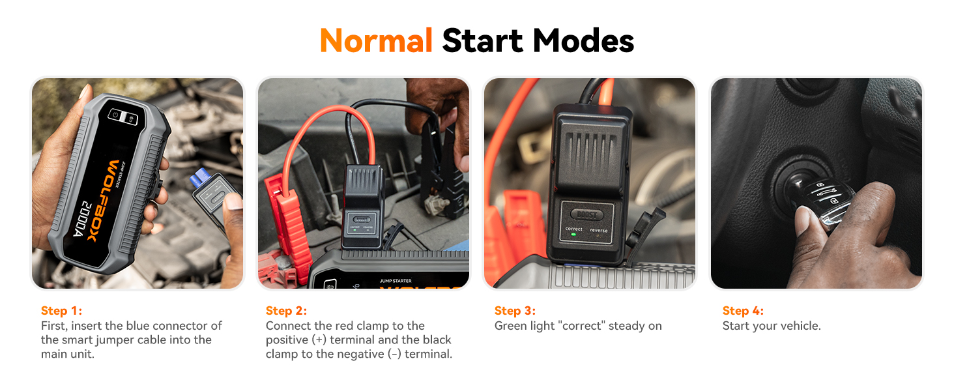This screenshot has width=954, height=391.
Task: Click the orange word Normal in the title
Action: point(376,41)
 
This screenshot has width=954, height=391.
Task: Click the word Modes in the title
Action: point(583,41)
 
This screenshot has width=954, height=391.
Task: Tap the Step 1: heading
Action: point(61,311)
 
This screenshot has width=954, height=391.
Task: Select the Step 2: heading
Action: point(286,311)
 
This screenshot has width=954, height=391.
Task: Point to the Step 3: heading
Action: point(515,311)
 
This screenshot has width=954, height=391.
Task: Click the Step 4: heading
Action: point(743,311)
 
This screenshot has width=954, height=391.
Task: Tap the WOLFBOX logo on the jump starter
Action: point(103,201)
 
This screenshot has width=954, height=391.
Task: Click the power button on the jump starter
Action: point(115,115)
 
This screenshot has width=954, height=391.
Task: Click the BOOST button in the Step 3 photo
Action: point(587,215)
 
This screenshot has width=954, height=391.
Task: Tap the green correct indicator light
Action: point(573,235)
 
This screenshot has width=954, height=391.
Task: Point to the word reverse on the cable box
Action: point(598,231)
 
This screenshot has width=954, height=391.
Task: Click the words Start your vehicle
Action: point(772,326)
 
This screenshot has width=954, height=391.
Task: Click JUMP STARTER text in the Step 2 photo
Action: point(396,281)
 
